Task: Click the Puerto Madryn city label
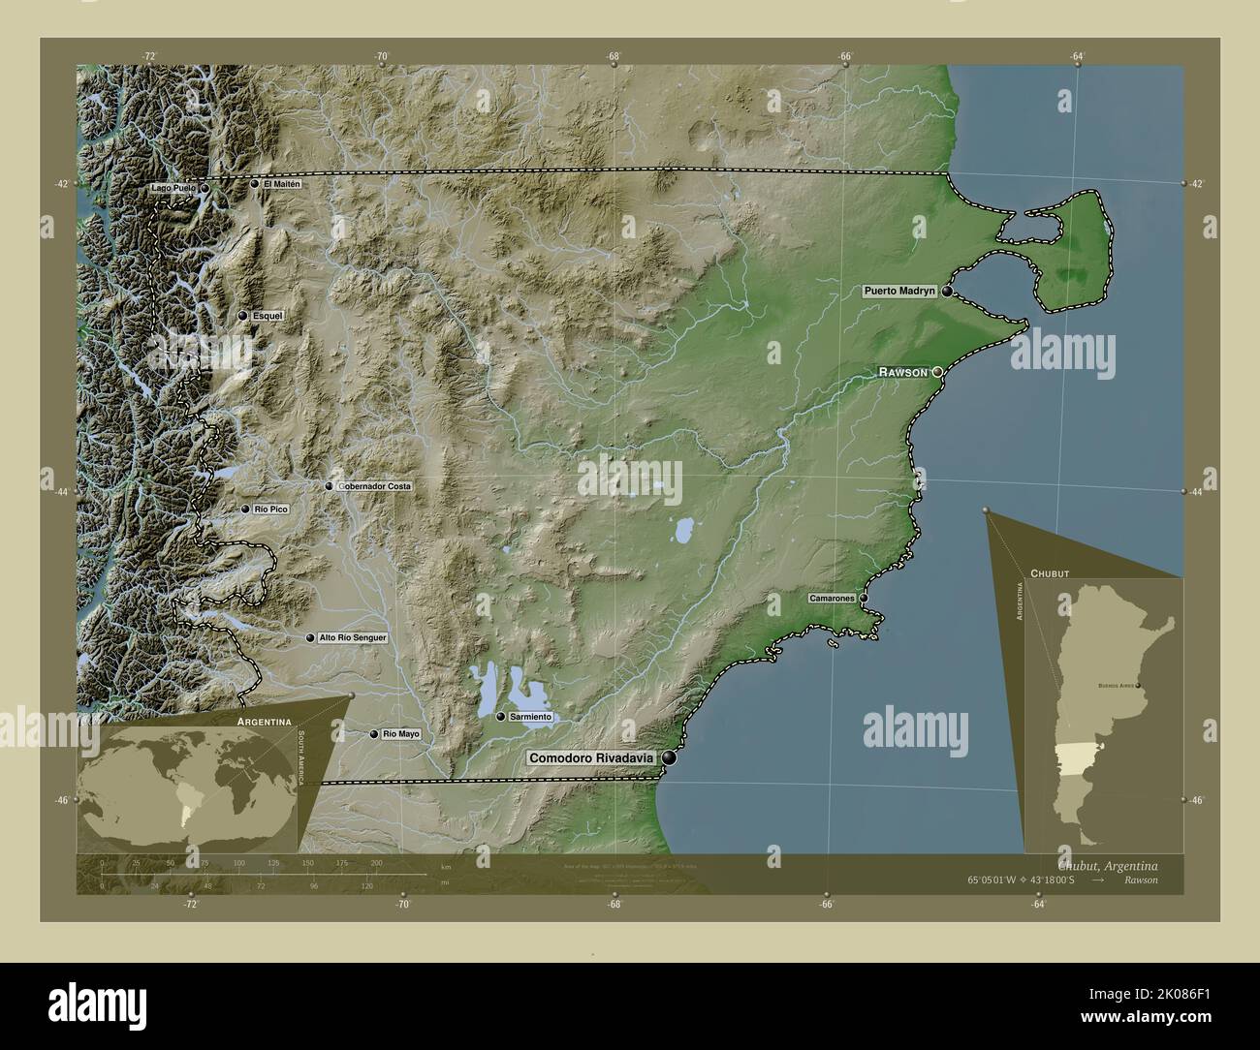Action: [x=900, y=291]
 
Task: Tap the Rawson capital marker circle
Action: [x=937, y=372]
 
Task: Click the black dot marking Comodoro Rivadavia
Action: [x=669, y=758]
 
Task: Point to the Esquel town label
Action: [x=267, y=316]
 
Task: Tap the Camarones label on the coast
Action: [x=833, y=599]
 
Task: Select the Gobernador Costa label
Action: [x=374, y=486]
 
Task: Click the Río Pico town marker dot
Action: [x=246, y=509]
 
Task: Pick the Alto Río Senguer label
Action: [x=353, y=638]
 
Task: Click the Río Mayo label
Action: [x=401, y=734]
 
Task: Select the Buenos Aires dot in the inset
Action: [x=1139, y=686]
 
